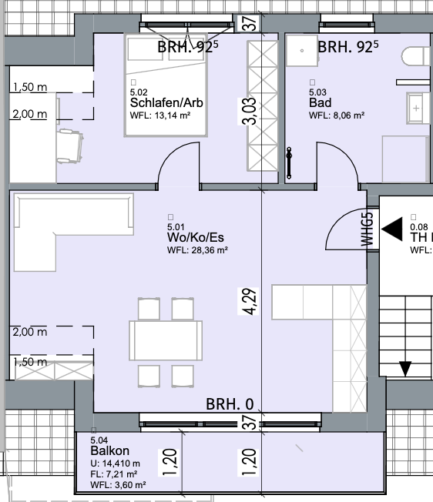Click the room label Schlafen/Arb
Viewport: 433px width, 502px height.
click(x=166, y=102)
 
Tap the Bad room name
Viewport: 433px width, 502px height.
click(x=320, y=102)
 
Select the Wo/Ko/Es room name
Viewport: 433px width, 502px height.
click(x=196, y=238)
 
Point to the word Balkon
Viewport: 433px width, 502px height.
click(x=110, y=450)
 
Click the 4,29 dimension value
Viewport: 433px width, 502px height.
click(x=248, y=302)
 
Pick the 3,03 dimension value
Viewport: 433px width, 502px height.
click(x=248, y=111)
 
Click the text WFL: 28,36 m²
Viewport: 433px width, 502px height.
click(x=197, y=250)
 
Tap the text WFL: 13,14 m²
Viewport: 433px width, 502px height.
click(x=160, y=115)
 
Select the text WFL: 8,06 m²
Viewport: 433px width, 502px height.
click(x=337, y=115)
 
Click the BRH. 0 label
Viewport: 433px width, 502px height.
click(x=230, y=404)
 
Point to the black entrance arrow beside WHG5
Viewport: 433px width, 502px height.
click(x=392, y=229)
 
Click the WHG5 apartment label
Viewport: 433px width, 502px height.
click(x=368, y=229)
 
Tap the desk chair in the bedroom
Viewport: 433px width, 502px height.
click(x=70, y=146)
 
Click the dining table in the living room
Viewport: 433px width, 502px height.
click(x=166, y=340)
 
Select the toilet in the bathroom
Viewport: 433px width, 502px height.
click(x=416, y=56)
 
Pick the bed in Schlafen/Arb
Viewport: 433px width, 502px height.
click(x=166, y=85)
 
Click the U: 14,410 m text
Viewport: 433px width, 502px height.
click(x=116, y=464)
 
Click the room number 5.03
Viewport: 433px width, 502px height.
click(x=317, y=92)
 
